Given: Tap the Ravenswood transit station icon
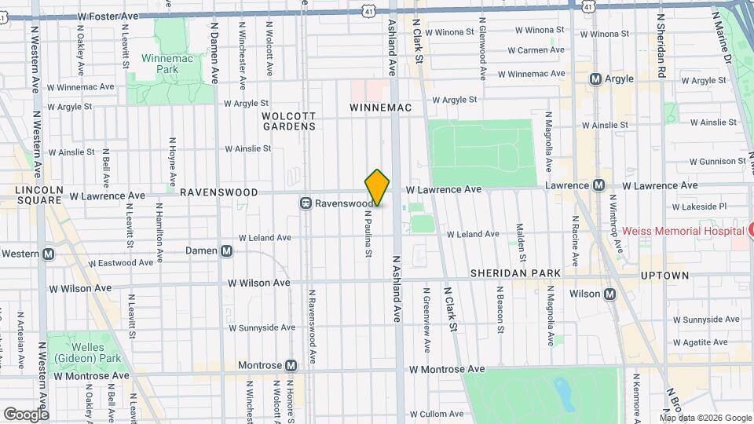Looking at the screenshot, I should point(306,203).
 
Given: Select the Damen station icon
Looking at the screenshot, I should point(226,251).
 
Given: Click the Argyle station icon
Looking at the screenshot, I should point(595,79).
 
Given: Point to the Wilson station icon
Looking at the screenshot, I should point(609,294).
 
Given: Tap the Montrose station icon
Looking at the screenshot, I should point(291,366).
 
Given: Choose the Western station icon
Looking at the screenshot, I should point(49,254).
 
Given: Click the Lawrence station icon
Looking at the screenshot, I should point(598,185).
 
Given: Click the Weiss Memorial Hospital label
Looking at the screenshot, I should point(682,231).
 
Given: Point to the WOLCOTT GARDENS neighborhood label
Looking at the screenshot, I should point(289,120).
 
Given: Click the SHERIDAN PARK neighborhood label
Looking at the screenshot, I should point(515,273).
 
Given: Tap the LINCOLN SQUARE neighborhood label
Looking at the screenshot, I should point(38,196).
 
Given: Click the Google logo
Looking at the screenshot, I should point(26,414).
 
